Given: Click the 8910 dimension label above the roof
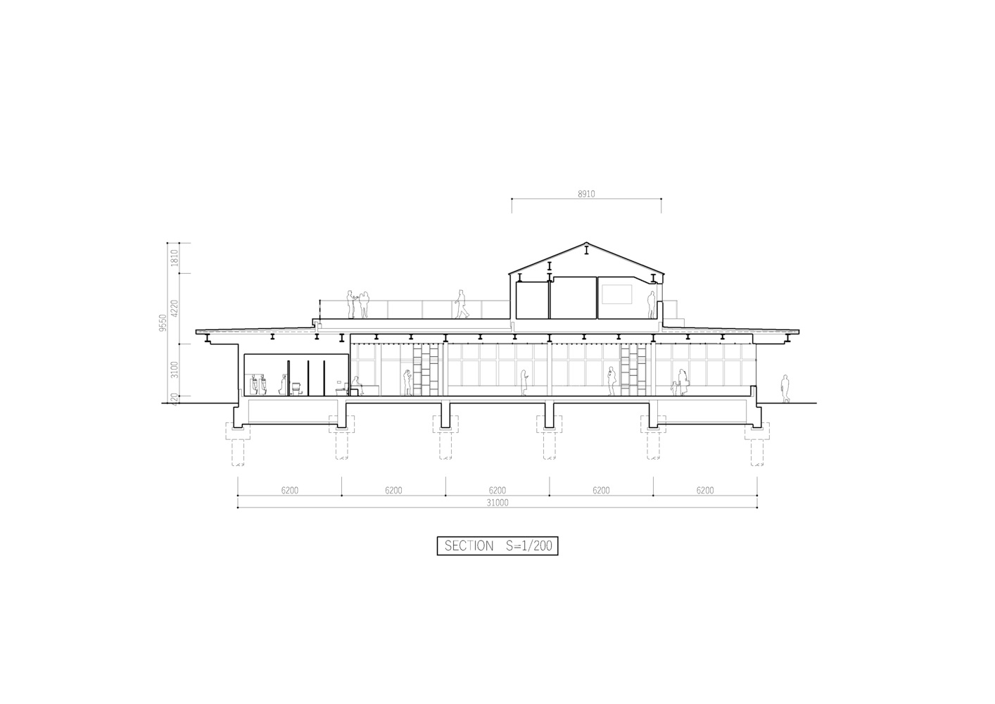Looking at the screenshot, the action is coord(586,194).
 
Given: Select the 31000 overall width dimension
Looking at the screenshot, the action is coord(497,503).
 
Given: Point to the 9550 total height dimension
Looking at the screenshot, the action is coord(163,322).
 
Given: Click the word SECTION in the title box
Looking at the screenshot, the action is coord(469,546).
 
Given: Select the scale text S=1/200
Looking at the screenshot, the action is coord(528,546).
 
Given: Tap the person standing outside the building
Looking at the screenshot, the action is coord(785,389).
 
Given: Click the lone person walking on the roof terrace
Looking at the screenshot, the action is coord(462,304).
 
